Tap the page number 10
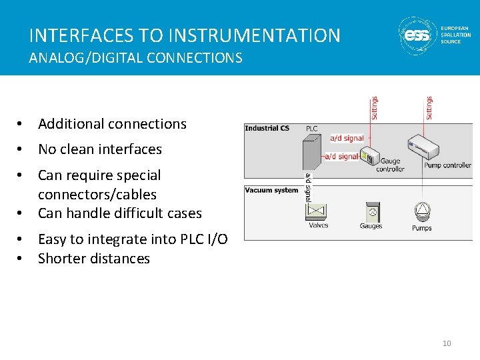tap(447, 343)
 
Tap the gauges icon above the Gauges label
tap(371, 213)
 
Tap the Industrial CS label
tap(267, 129)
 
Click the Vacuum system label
tap(271, 190)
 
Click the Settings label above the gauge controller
tap(375, 108)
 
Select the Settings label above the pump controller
tap(429, 108)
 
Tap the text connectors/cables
tap(97, 195)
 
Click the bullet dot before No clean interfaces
tap(21, 149)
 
